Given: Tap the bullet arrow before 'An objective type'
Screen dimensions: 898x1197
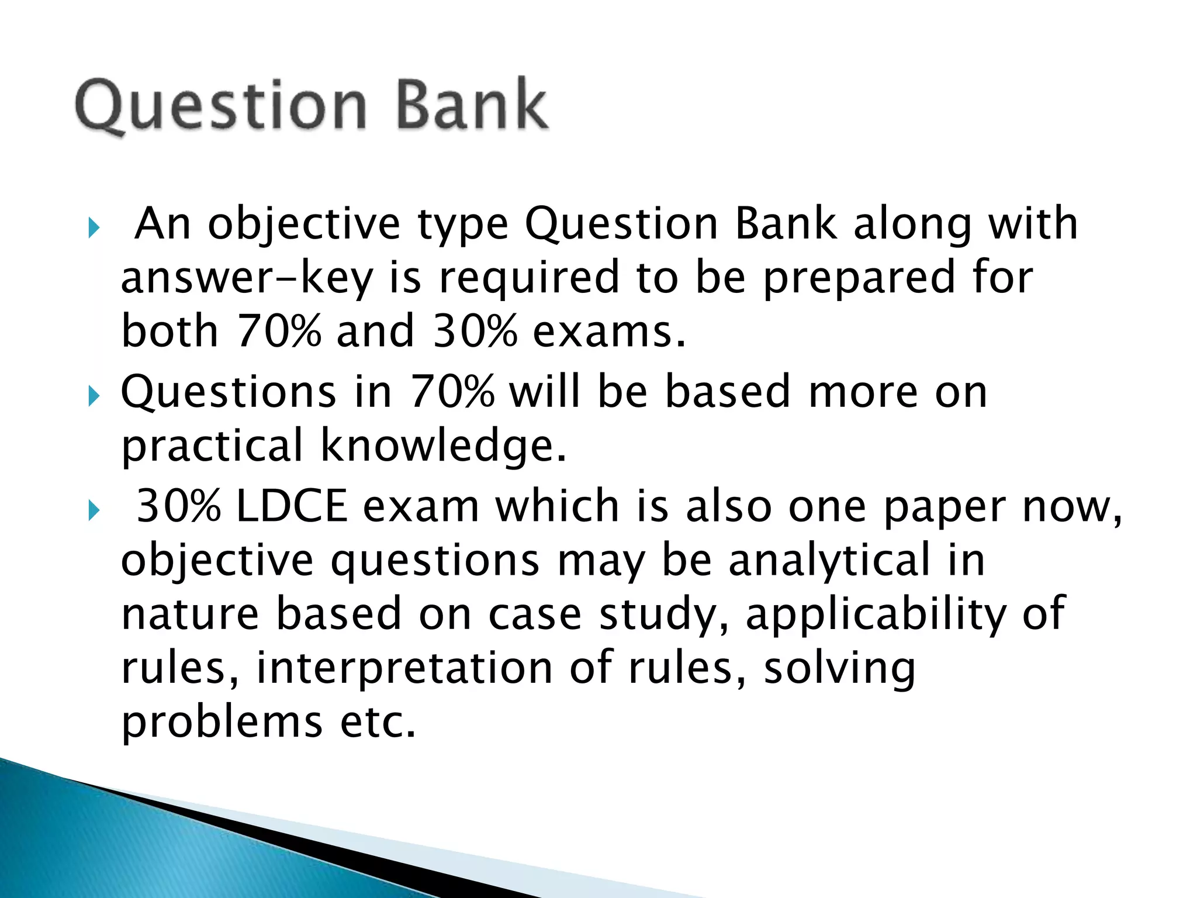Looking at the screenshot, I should (94, 227).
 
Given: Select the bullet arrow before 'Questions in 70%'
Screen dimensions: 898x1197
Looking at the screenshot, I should (94, 396).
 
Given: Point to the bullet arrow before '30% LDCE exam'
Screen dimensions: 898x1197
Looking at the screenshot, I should (94, 510).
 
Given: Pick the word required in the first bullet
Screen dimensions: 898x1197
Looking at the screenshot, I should (528, 278).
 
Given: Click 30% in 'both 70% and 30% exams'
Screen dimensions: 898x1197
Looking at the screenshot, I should (475, 331).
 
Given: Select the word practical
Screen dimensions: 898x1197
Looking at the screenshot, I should (213, 445).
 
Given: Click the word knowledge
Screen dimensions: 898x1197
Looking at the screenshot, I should (443, 445).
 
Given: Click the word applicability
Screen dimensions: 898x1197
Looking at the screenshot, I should (875, 614).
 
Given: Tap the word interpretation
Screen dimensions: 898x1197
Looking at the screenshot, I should (404, 668).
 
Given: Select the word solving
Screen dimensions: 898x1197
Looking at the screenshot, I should (839, 668).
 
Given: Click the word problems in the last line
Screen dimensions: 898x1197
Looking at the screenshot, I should (222, 721).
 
